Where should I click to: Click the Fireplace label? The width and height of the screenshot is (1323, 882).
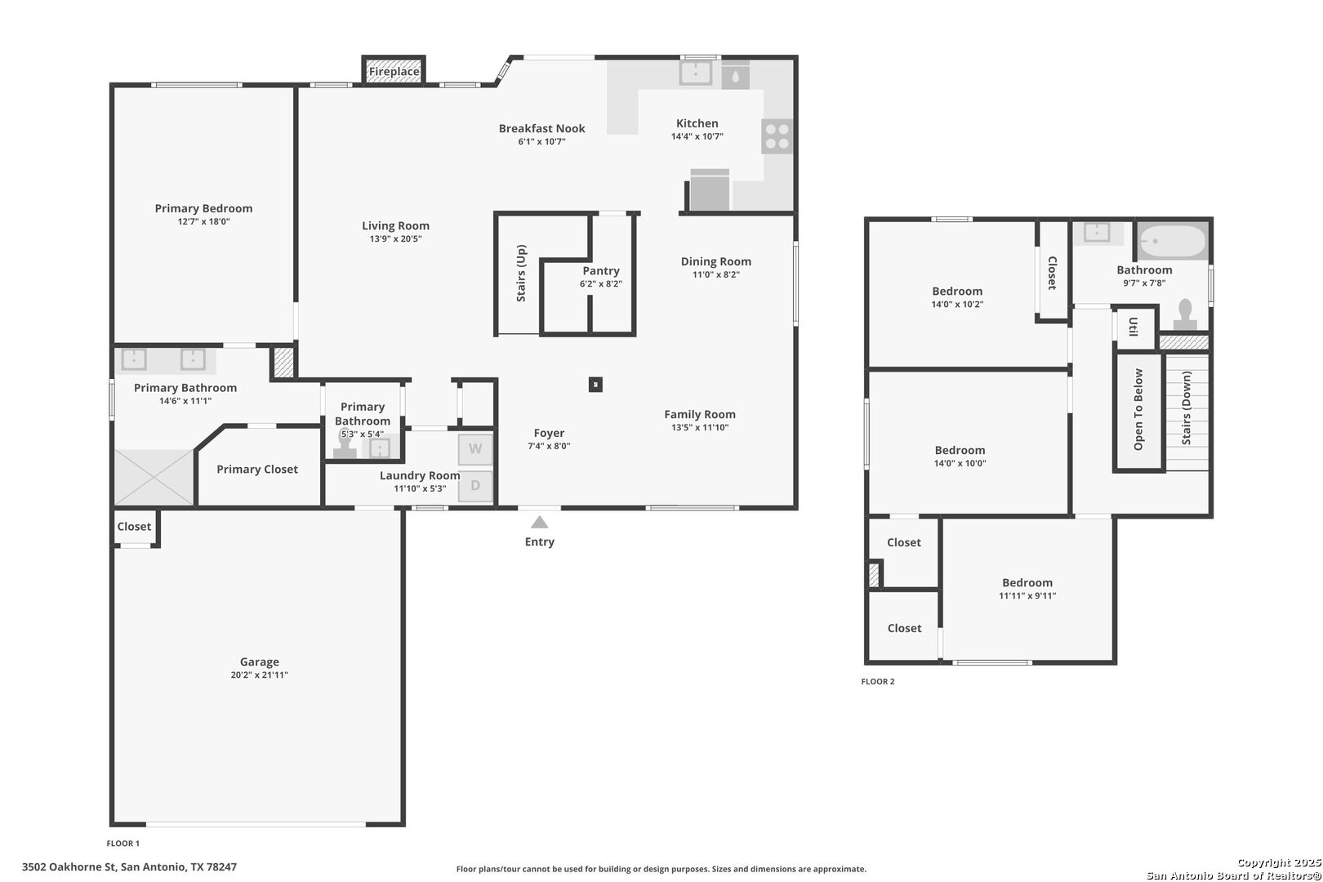[x=394, y=72]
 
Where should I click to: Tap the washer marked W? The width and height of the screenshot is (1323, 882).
[x=475, y=449]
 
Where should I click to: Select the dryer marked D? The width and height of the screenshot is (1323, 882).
[x=475, y=486]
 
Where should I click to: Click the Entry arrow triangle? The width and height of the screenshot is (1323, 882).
[x=539, y=522]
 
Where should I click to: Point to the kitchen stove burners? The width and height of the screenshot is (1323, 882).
[x=777, y=136]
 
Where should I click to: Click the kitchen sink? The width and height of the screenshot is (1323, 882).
[x=696, y=73]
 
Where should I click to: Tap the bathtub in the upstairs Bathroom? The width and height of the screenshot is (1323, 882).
[x=1173, y=241]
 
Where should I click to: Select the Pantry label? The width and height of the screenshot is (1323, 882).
[x=601, y=270]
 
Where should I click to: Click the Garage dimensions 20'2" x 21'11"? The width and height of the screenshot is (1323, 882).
[x=259, y=675]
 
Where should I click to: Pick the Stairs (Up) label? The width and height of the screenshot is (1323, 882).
[x=521, y=273]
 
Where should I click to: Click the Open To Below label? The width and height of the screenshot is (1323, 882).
[x=1138, y=409]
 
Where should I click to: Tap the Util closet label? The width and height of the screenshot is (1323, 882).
[x=1134, y=327]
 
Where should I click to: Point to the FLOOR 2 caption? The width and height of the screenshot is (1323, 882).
[x=878, y=681]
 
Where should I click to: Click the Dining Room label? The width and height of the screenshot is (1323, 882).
[x=716, y=261]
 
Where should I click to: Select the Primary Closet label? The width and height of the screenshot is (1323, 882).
[x=257, y=469]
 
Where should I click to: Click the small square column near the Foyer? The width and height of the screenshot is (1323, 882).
[x=595, y=385]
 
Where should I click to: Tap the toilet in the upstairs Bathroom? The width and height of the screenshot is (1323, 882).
[x=1185, y=315]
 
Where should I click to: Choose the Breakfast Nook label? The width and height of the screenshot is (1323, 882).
[x=541, y=128]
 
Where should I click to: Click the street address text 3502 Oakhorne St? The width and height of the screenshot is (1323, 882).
[x=69, y=866]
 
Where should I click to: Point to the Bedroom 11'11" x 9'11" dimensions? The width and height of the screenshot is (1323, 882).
[x=1027, y=595]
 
